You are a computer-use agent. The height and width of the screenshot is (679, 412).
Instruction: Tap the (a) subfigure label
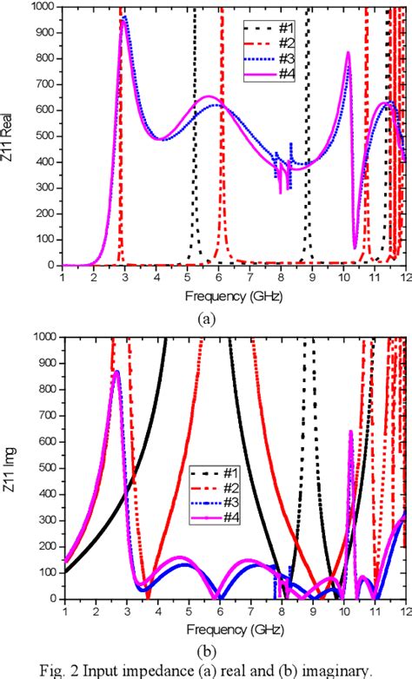pos(206,318)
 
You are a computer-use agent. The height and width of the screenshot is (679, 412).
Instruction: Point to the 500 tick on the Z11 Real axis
pos(44,136)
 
